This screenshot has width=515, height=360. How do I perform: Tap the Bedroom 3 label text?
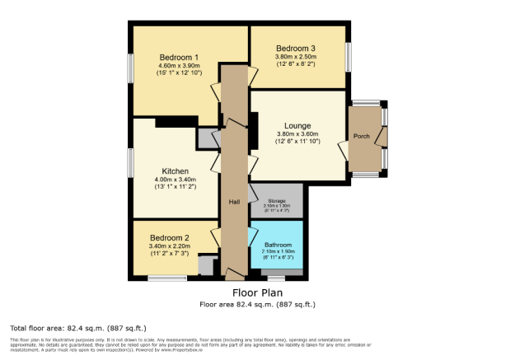tap(296, 48)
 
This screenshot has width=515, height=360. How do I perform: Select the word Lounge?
tap(297, 125)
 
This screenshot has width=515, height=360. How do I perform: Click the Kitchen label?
tap(175, 171)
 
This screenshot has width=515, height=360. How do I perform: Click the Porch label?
tap(361, 137)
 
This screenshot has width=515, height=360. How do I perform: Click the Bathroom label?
tap(278, 245)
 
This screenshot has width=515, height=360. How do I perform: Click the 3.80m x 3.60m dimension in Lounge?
tap(297, 134)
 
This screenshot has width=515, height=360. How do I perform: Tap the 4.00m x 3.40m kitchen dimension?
tap(175, 180)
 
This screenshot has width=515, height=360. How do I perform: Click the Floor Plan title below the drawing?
tap(257, 292)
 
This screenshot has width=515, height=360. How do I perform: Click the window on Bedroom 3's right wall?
tap(348, 57)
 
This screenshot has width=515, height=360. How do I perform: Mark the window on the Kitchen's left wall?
tap(129, 161)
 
